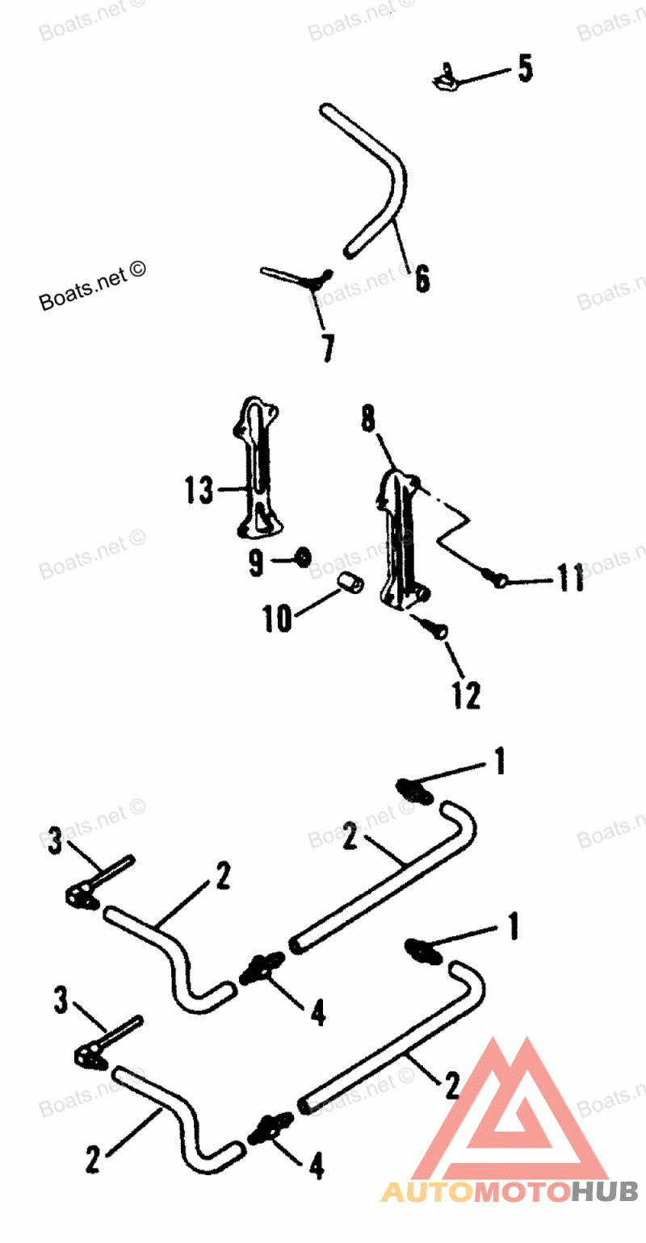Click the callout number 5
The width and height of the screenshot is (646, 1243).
tap(525, 69)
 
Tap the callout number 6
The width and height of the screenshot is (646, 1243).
tap(422, 278)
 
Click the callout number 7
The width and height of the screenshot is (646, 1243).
tap(327, 347)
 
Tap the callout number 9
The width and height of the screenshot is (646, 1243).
tap(256, 563)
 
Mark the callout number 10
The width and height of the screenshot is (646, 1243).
tap(277, 620)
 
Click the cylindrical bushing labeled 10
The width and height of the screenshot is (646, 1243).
tap(348, 584)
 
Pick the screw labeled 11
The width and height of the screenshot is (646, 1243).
tap(494, 576)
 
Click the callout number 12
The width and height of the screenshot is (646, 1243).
tap(466, 695)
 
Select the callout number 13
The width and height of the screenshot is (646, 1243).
tap(198, 490)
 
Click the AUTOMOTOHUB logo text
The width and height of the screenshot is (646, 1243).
tap(510, 1191)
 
